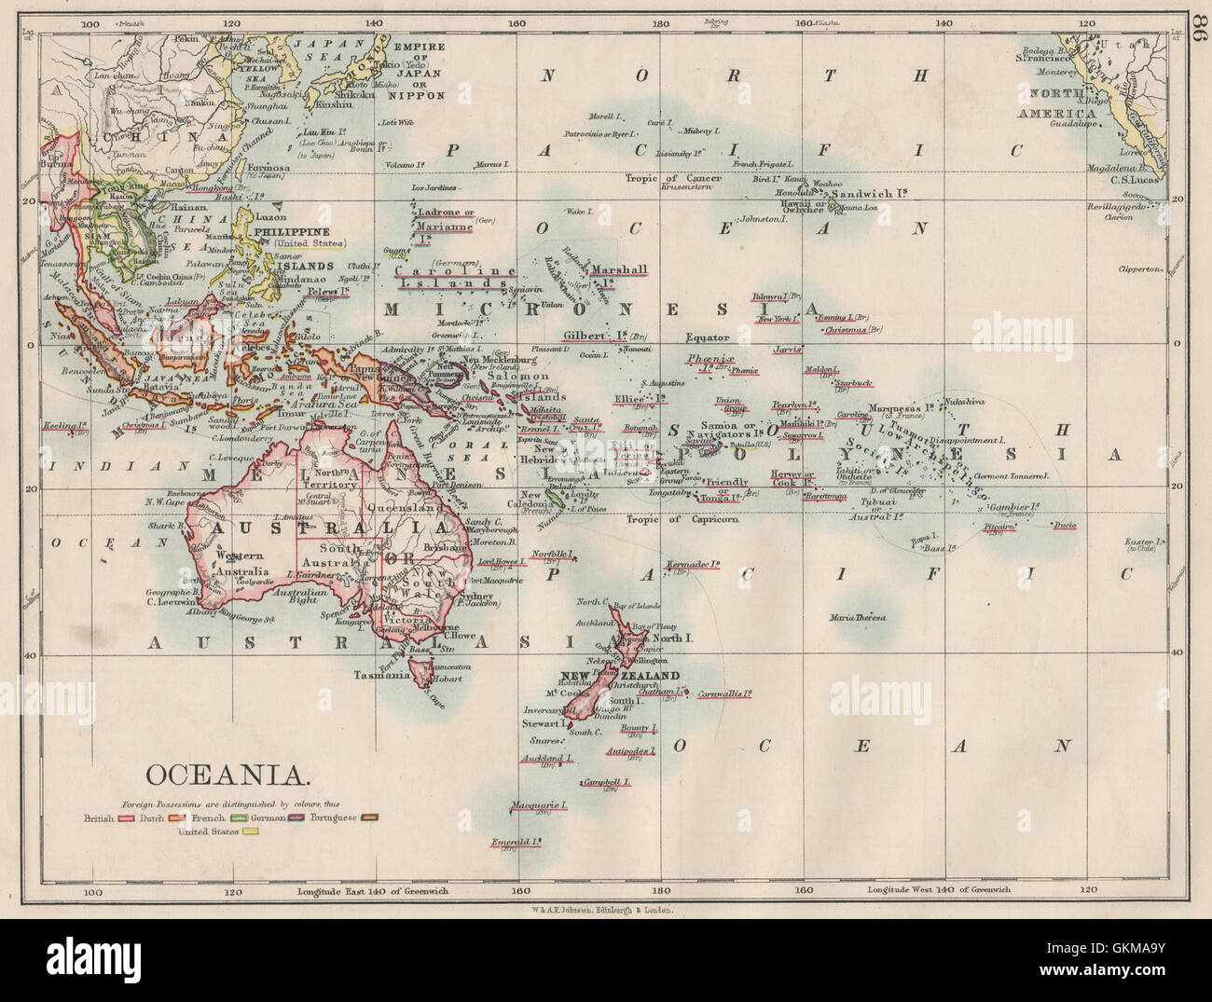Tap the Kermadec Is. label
tap(695, 565)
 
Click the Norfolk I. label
tap(549, 555)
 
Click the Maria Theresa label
tap(858, 618)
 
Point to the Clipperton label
tap(1139, 268)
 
